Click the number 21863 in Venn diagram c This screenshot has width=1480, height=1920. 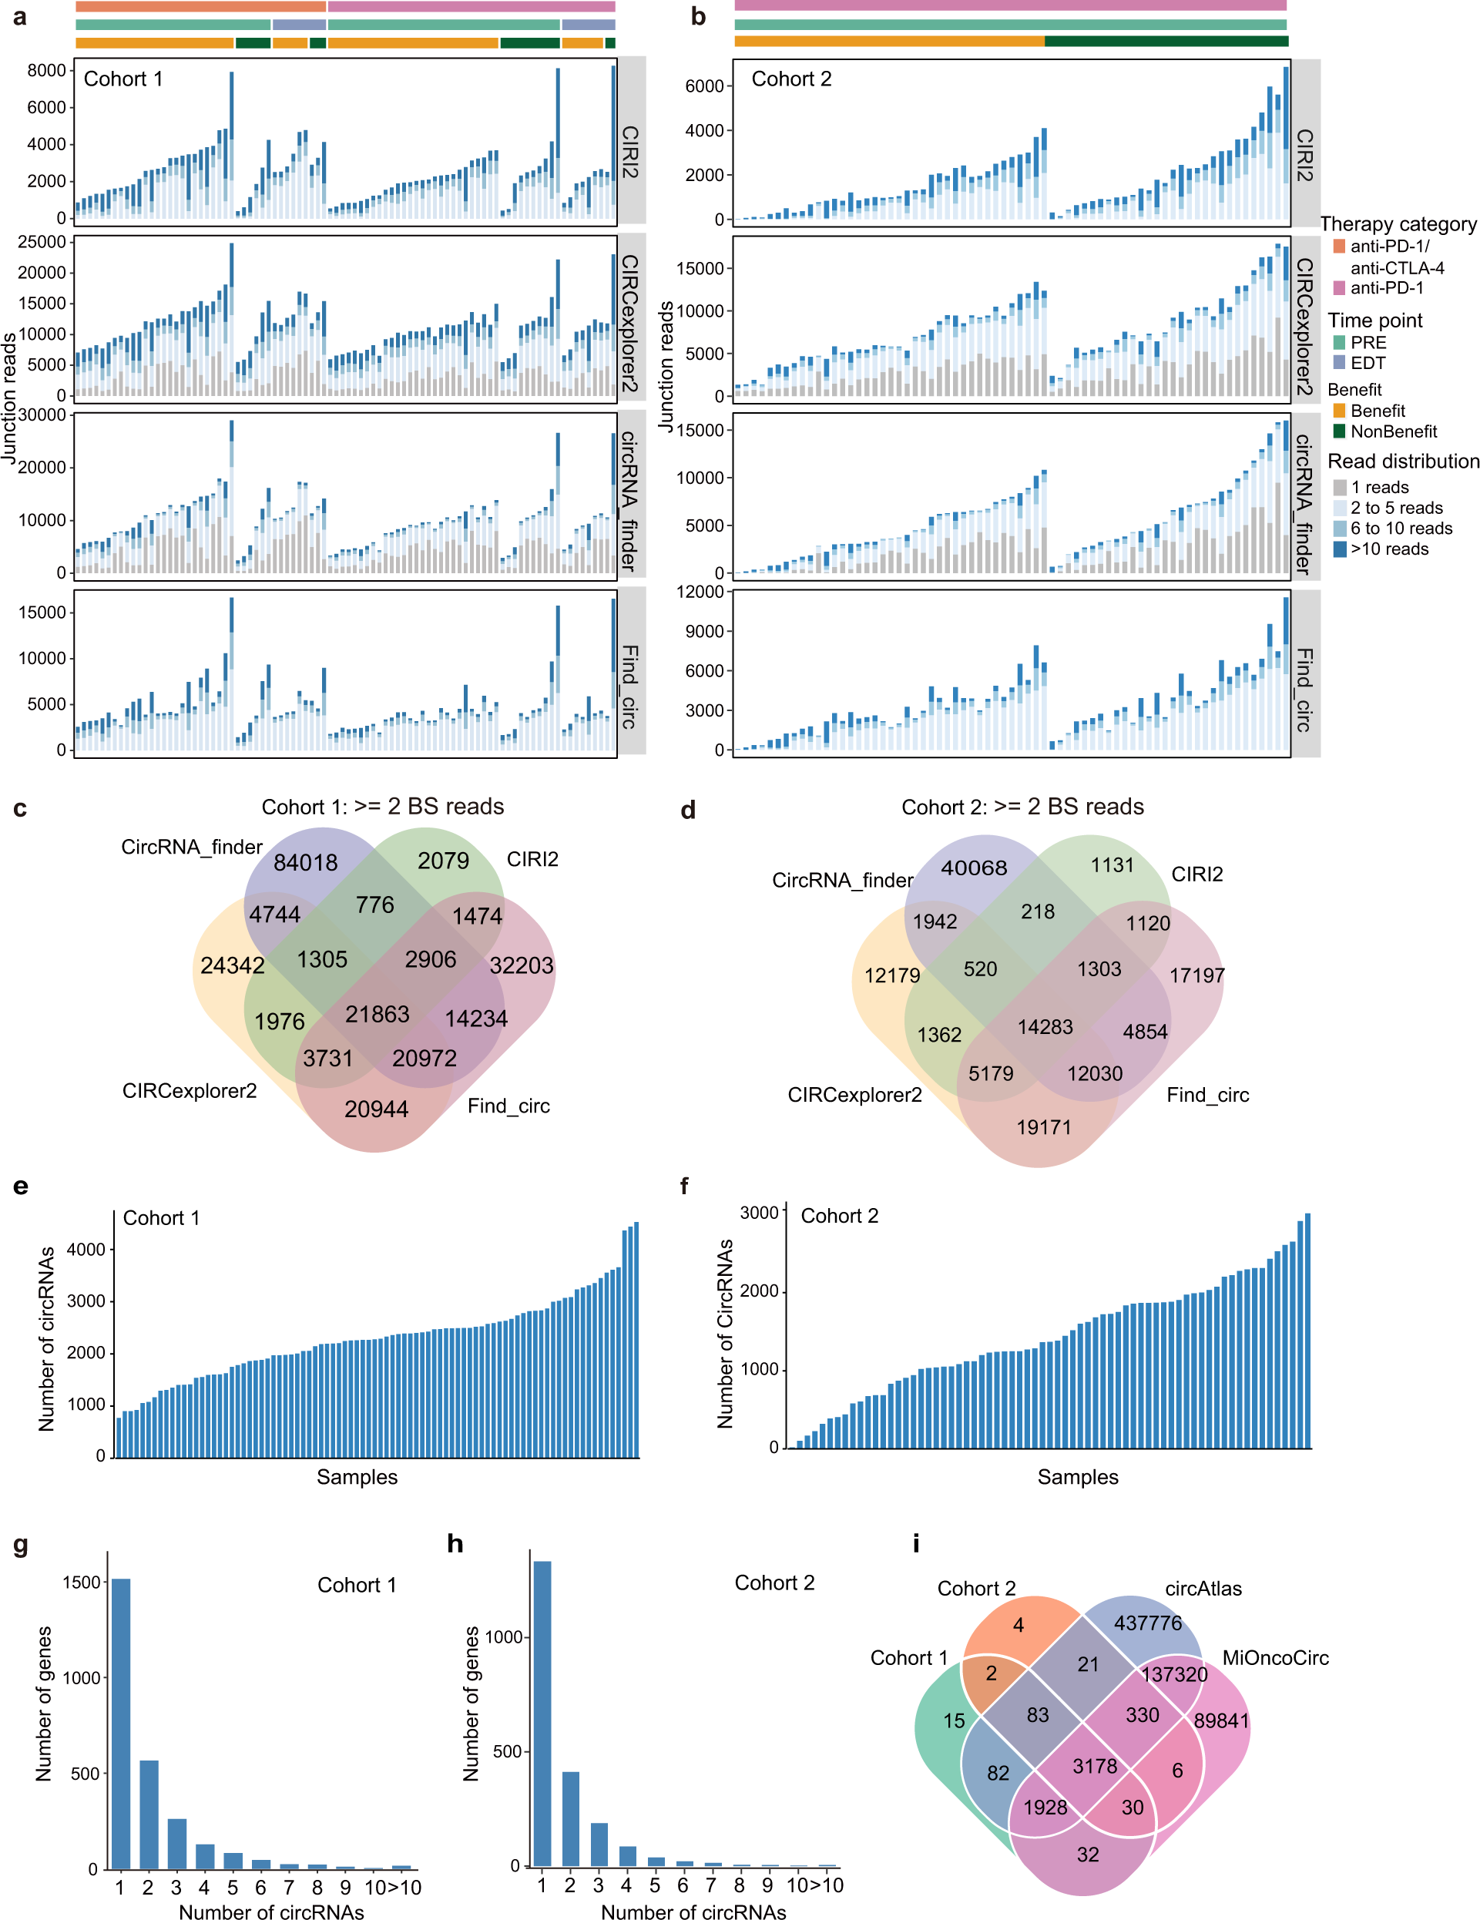click(x=377, y=1014)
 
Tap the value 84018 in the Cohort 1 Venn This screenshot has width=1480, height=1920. click(x=305, y=862)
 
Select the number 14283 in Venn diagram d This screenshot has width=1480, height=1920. click(x=1044, y=1026)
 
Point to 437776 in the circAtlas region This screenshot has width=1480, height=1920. click(x=1147, y=1623)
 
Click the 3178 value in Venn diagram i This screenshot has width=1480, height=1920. click(x=1094, y=1766)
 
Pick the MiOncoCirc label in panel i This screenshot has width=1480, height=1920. click(x=1274, y=1658)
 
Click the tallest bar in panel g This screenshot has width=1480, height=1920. click(x=120, y=1723)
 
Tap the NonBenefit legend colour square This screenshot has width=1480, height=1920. click(x=1338, y=431)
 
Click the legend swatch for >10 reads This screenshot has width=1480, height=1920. click(x=1338, y=549)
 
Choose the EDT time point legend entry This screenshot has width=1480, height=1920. click(x=1367, y=363)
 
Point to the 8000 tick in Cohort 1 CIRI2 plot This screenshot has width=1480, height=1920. click(x=45, y=70)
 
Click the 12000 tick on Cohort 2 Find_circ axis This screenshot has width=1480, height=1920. click(x=700, y=592)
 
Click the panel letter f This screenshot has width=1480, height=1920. click(x=685, y=1187)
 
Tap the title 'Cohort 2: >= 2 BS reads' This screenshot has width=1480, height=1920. click(x=1022, y=807)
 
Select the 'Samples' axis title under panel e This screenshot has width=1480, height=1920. click(x=357, y=1477)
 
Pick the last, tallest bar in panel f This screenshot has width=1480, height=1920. click(x=1307, y=1330)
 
